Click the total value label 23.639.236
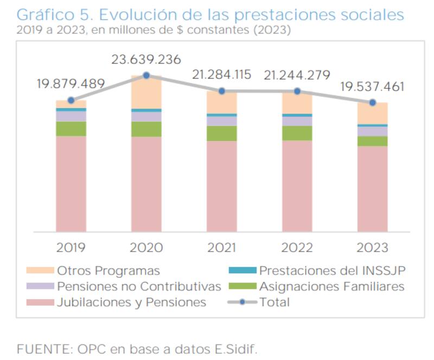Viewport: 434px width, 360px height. point(146,60)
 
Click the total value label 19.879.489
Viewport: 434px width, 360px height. point(71,84)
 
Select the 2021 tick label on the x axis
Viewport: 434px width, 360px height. point(222,248)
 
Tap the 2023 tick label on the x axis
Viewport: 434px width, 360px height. point(372,248)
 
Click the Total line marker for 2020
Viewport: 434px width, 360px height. point(146,75)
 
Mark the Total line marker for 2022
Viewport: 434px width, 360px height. point(297,91)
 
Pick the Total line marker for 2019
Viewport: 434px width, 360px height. point(71,100)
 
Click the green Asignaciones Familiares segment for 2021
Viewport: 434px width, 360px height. point(222,133)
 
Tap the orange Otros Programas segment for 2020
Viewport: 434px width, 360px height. point(146,93)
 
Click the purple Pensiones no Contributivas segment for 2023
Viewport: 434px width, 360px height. point(372,131)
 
